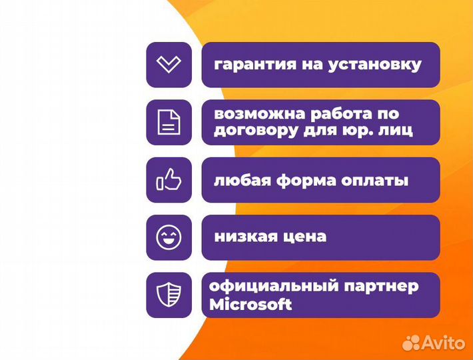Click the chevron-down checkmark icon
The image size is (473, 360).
(x=169, y=65)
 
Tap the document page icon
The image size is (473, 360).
(x=169, y=123)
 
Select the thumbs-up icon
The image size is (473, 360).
(x=169, y=180)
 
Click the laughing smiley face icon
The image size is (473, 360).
(x=169, y=237)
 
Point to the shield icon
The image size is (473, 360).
(x=169, y=295)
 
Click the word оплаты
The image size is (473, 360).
(x=376, y=181)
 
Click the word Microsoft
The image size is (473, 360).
(x=250, y=304)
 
